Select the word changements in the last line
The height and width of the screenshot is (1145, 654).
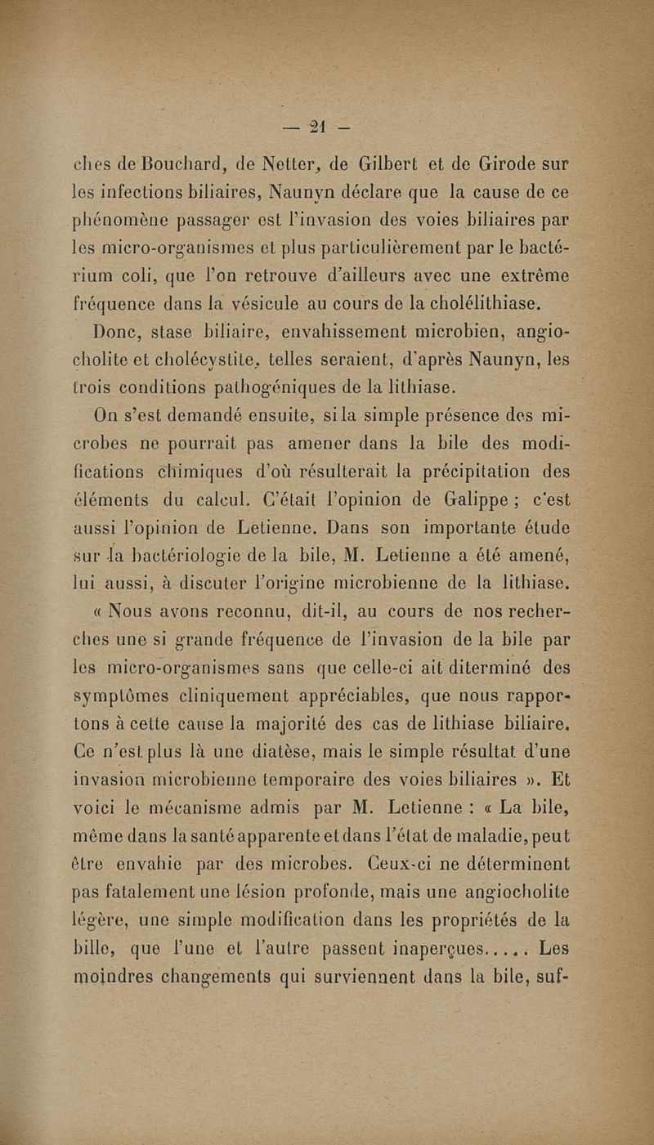tap(207, 980)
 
